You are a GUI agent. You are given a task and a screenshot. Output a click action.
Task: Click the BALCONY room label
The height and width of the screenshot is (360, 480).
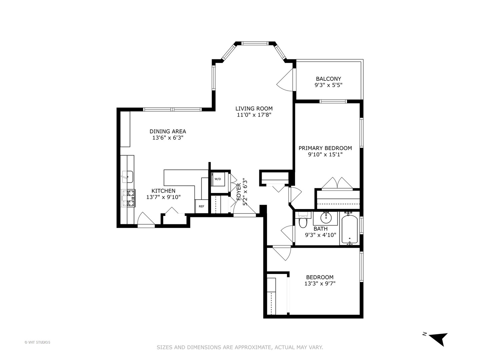[x=328, y=79]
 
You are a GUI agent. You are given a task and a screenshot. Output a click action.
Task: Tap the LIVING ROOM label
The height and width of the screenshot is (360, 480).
[x=254, y=108]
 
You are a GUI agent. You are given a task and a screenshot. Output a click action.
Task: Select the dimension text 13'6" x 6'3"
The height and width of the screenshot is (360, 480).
[x=168, y=138]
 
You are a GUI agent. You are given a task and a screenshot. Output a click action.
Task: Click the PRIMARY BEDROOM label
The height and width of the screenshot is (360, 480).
[x=325, y=148]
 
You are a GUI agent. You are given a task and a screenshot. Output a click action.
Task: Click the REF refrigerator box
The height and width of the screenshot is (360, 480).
[x=201, y=206]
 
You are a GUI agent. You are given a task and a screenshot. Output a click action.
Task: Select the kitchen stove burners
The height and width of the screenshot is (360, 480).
[x=128, y=198]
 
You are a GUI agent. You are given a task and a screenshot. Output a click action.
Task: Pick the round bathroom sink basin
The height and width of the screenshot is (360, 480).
[x=326, y=218]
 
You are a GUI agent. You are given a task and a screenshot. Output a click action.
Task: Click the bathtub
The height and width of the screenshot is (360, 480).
[x=349, y=230]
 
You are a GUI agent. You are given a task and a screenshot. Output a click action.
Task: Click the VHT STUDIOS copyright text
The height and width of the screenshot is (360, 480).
[x=37, y=342]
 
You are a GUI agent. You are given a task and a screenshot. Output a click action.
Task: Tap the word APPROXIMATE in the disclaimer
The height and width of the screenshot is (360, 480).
[x=253, y=347]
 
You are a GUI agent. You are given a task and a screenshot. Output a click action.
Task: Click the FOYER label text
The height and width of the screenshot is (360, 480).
[x=239, y=192]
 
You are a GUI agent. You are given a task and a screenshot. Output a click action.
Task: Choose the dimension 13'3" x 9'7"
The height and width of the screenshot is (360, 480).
[x=319, y=284]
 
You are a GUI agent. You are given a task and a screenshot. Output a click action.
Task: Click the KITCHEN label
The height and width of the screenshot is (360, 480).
[x=163, y=191]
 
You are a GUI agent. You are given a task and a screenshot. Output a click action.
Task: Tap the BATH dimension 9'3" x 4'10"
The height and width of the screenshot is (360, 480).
[x=320, y=235]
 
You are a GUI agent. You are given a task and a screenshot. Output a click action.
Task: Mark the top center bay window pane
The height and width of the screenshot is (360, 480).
[x=255, y=43]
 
